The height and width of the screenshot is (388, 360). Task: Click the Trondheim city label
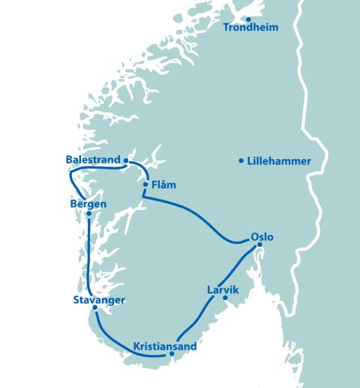(251, 28)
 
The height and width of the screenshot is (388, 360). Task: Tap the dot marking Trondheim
(248, 20)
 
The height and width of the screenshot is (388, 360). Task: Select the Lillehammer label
(279, 161)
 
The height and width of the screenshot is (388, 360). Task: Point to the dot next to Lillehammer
(241, 160)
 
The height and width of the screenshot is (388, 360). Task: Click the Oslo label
(262, 238)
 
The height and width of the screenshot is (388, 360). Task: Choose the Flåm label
(163, 185)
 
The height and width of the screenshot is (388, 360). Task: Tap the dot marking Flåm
(145, 184)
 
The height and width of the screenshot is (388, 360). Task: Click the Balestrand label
(93, 160)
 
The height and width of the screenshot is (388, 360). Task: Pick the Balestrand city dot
(125, 160)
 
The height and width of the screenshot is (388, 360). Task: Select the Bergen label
(88, 204)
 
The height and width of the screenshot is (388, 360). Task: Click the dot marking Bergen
(88, 214)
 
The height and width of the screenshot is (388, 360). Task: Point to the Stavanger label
(99, 300)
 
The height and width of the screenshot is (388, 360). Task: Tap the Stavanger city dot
(94, 308)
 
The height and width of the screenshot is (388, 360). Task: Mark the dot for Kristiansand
(171, 353)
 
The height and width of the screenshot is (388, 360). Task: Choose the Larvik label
(223, 288)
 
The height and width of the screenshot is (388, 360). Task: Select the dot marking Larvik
(226, 298)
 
